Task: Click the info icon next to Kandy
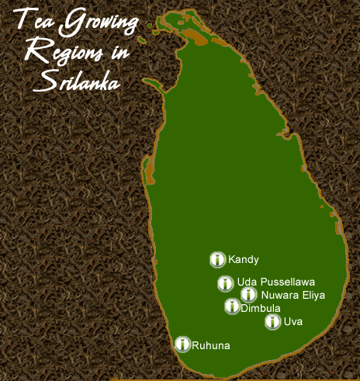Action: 217,260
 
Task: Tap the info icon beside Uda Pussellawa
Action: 225,283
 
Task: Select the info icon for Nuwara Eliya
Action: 248,295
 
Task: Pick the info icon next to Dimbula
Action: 232,307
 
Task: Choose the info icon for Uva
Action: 272,322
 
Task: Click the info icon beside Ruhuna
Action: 182,344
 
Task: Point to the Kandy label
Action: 244,260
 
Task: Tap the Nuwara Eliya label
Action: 293,295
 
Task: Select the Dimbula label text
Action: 260,308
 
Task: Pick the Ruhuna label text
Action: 210,345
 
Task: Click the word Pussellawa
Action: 288,282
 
